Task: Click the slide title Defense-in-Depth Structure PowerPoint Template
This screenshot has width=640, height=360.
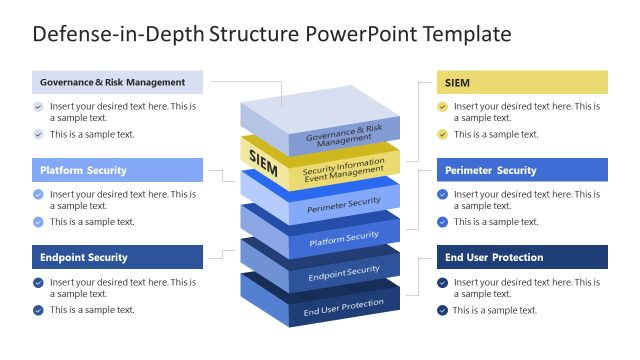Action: click(272, 34)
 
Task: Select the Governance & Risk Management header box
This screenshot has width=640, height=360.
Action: click(117, 82)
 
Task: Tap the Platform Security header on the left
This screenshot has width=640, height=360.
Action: click(117, 170)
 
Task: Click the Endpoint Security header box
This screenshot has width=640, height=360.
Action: click(117, 257)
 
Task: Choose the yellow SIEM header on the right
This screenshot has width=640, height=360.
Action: click(521, 82)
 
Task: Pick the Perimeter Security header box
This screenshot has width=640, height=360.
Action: click(521, 170)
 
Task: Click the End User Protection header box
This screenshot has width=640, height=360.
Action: click(521, 257)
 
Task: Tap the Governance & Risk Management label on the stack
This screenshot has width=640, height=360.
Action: click(343, 136)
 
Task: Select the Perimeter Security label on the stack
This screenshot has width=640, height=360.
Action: click(343, 203)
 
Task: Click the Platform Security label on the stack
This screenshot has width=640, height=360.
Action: click(343, 238)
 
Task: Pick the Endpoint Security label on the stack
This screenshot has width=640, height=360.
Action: click(343, 271)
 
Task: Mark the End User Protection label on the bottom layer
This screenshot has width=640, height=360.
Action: click(343, 305)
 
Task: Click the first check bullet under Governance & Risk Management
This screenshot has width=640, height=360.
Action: click(38, 106)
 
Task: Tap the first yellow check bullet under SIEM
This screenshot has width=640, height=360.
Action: click(442, 106)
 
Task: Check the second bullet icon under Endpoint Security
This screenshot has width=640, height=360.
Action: click(38, 310)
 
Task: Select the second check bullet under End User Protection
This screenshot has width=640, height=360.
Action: click(442, 310)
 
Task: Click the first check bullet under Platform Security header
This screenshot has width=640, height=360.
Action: click(38, 194)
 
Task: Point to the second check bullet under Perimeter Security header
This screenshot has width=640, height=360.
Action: click(442, 222)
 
